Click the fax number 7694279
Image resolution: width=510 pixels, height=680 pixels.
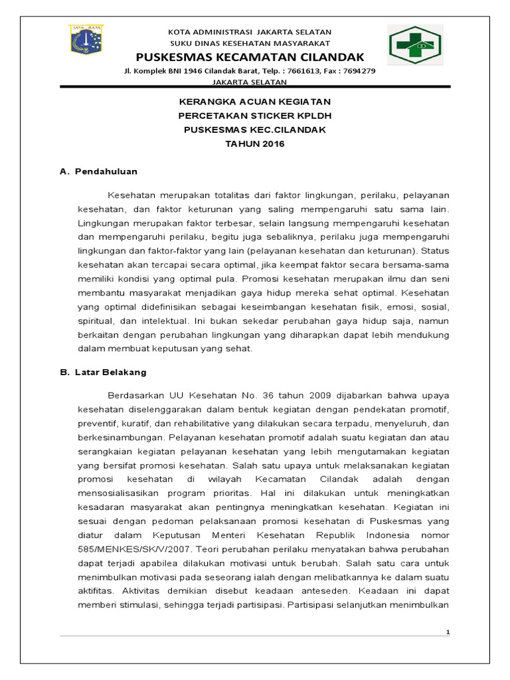[360, 70]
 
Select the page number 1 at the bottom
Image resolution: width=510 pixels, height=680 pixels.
[448, 632]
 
